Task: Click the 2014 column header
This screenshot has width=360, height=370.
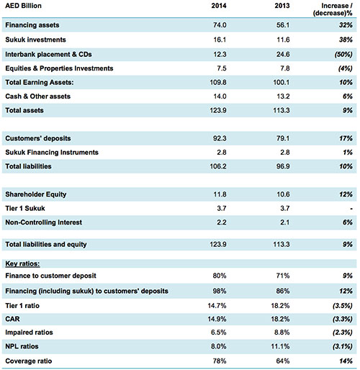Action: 219,6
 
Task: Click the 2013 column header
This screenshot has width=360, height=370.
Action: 282,6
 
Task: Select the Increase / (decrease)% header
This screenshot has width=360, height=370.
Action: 333,9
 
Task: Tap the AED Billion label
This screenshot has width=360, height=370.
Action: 23,6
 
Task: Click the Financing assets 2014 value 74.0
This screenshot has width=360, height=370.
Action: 220,25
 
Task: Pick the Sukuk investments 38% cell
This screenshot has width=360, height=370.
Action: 346,40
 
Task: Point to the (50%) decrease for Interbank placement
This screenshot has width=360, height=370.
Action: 343,55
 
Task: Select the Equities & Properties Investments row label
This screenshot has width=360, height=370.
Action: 59,68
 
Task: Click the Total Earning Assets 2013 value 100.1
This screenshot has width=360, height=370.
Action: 282,82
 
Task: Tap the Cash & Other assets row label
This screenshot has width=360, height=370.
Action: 37,96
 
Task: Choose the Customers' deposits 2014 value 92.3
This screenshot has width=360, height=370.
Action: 220,138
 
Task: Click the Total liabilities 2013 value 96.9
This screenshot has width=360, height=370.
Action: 283,166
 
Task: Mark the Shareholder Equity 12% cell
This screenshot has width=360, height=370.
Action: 346,194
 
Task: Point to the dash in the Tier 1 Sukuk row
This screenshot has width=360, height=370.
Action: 351,209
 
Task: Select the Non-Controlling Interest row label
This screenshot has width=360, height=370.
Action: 43,222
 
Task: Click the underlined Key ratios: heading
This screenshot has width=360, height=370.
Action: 22,263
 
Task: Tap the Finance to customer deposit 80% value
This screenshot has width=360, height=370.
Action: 220,276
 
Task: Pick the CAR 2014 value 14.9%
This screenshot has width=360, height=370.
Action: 217,319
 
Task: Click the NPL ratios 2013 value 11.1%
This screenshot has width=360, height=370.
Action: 280,346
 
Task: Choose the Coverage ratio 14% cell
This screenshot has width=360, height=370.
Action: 346,361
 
